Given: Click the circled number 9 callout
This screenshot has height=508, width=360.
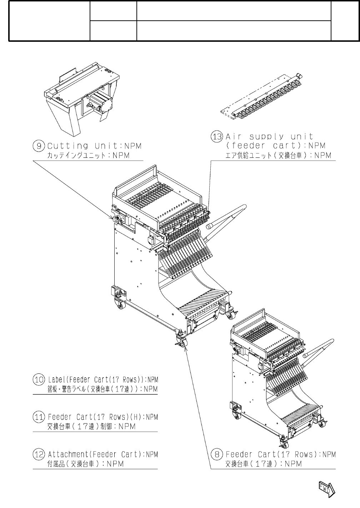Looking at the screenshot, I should tap(39, 146).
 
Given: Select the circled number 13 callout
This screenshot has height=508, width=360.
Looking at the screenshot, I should tap(217, 137).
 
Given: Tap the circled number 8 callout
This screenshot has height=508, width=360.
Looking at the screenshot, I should tap(217, 454).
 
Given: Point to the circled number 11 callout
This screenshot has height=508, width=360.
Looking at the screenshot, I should tap(39, 417).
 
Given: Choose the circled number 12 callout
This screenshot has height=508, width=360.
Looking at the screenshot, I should tap(39, 454).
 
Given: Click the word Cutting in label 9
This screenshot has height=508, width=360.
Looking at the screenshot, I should tap(68, 146).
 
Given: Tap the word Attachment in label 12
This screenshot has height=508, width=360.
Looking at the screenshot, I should tap(68, 454).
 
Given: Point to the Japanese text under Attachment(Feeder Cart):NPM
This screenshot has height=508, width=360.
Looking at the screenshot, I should tap(85, 464).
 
